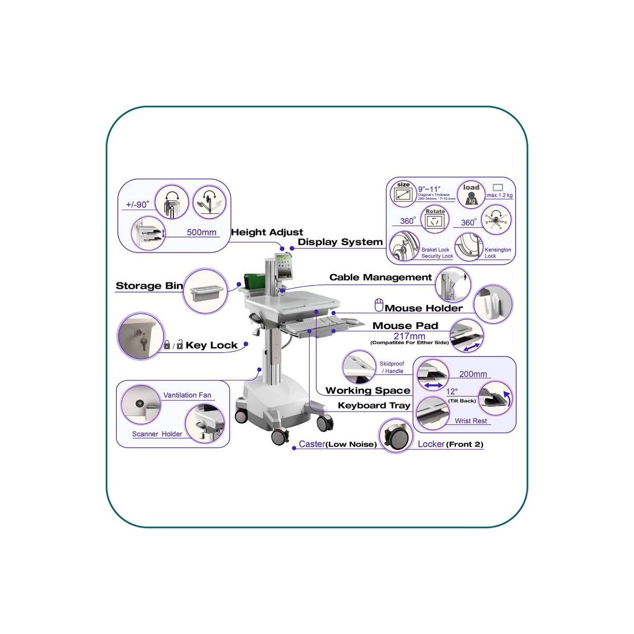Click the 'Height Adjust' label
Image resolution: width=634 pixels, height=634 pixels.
(267, 232)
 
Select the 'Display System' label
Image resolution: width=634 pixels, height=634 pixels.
(340, 243)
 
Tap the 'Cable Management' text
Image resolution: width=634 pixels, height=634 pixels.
(380, 277)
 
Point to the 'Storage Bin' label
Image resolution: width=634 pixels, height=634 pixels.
(149, 286)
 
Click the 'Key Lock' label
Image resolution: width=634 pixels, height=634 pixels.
(211, 346)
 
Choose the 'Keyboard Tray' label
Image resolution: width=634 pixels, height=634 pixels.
(374, 406)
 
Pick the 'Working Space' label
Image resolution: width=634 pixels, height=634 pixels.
(368, 391)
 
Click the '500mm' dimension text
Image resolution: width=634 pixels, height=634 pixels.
(201, 232)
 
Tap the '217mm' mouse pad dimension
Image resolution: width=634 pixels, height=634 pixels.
(409, 336)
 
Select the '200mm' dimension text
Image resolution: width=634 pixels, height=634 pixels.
(473, 374)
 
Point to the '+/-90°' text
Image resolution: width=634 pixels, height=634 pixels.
(137, 205)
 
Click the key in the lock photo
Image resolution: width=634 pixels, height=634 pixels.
(142, 338)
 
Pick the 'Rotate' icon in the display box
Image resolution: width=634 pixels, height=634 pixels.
(435, 219)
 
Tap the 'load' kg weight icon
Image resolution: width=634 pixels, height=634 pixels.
(471, 195)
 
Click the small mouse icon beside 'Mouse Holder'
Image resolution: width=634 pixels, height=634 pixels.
(378, 305)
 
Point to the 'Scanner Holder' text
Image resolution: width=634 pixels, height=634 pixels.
(157, 434)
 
